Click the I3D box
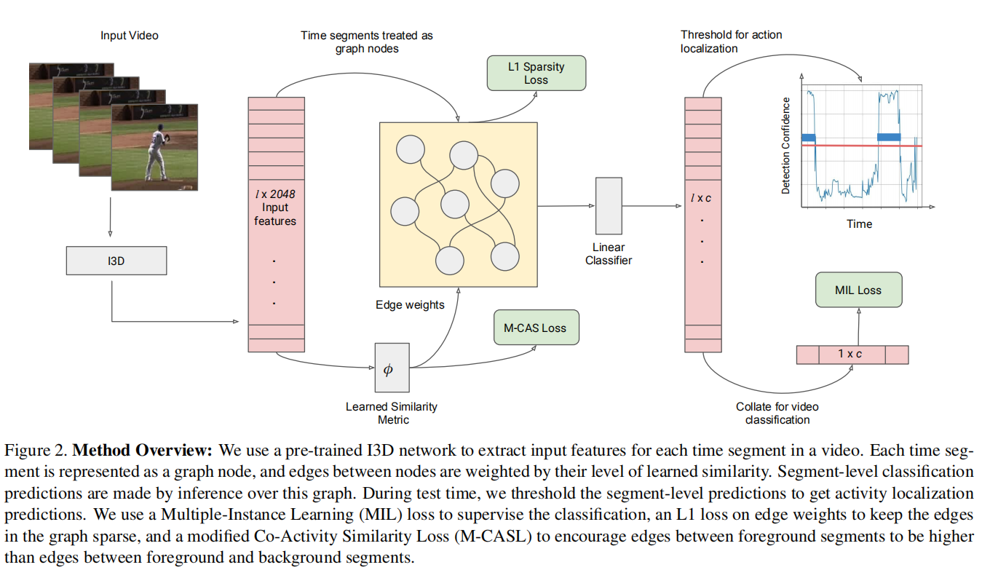tap(116, 261)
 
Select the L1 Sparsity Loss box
tap(536, 73)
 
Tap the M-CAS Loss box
tap(535, 328)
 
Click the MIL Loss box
tap(858, 290)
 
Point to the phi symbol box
tap(392, 368)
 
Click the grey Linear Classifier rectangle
tap(608, 205)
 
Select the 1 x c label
tap(850, 355)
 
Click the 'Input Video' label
tap(130, 35)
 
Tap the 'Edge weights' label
tap(411, 305)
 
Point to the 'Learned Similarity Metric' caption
tap(392, 413)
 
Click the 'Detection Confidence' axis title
tap(785, 145)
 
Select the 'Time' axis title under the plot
tap(859, 223)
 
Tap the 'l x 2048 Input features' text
tap(275, 207)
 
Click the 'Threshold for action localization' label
tap(731, 41)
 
